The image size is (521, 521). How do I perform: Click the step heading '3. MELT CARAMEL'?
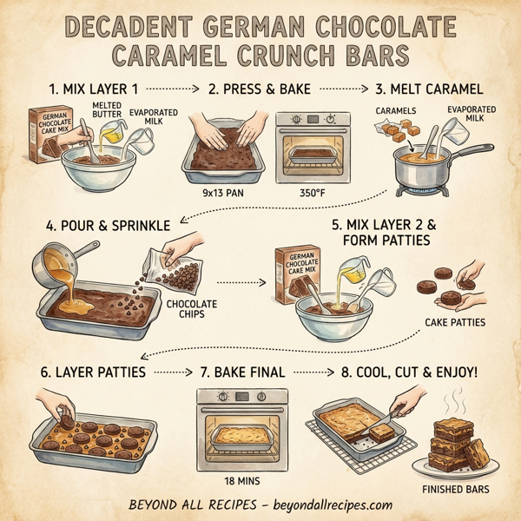428,88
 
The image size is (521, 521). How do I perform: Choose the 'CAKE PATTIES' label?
453,324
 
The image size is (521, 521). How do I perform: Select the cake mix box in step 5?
297,273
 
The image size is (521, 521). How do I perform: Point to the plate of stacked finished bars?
455,444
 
